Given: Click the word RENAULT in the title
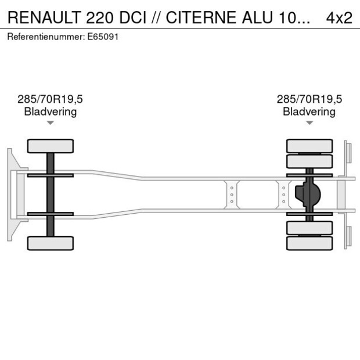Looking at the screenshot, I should click(x=44, y=17).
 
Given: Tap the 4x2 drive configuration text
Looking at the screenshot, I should click(x=339, y=17).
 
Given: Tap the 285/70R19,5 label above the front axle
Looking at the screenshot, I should click(x=51, y=99).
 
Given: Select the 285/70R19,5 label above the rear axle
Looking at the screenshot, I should click(x=309, y=99).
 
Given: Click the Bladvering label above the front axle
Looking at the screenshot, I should click(x=51, y=111).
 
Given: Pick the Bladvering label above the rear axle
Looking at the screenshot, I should click(x=309, y=111).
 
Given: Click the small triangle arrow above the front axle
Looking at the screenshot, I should click(x=51, y=123).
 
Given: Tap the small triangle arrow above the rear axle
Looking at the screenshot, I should click(x=309, y=123).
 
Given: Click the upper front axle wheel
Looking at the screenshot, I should click(x=51, y=146).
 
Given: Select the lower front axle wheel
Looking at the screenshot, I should click(x=51, y=243).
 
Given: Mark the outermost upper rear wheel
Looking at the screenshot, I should click(x=309, y=145).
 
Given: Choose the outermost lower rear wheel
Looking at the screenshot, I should click(x=309, y=243).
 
